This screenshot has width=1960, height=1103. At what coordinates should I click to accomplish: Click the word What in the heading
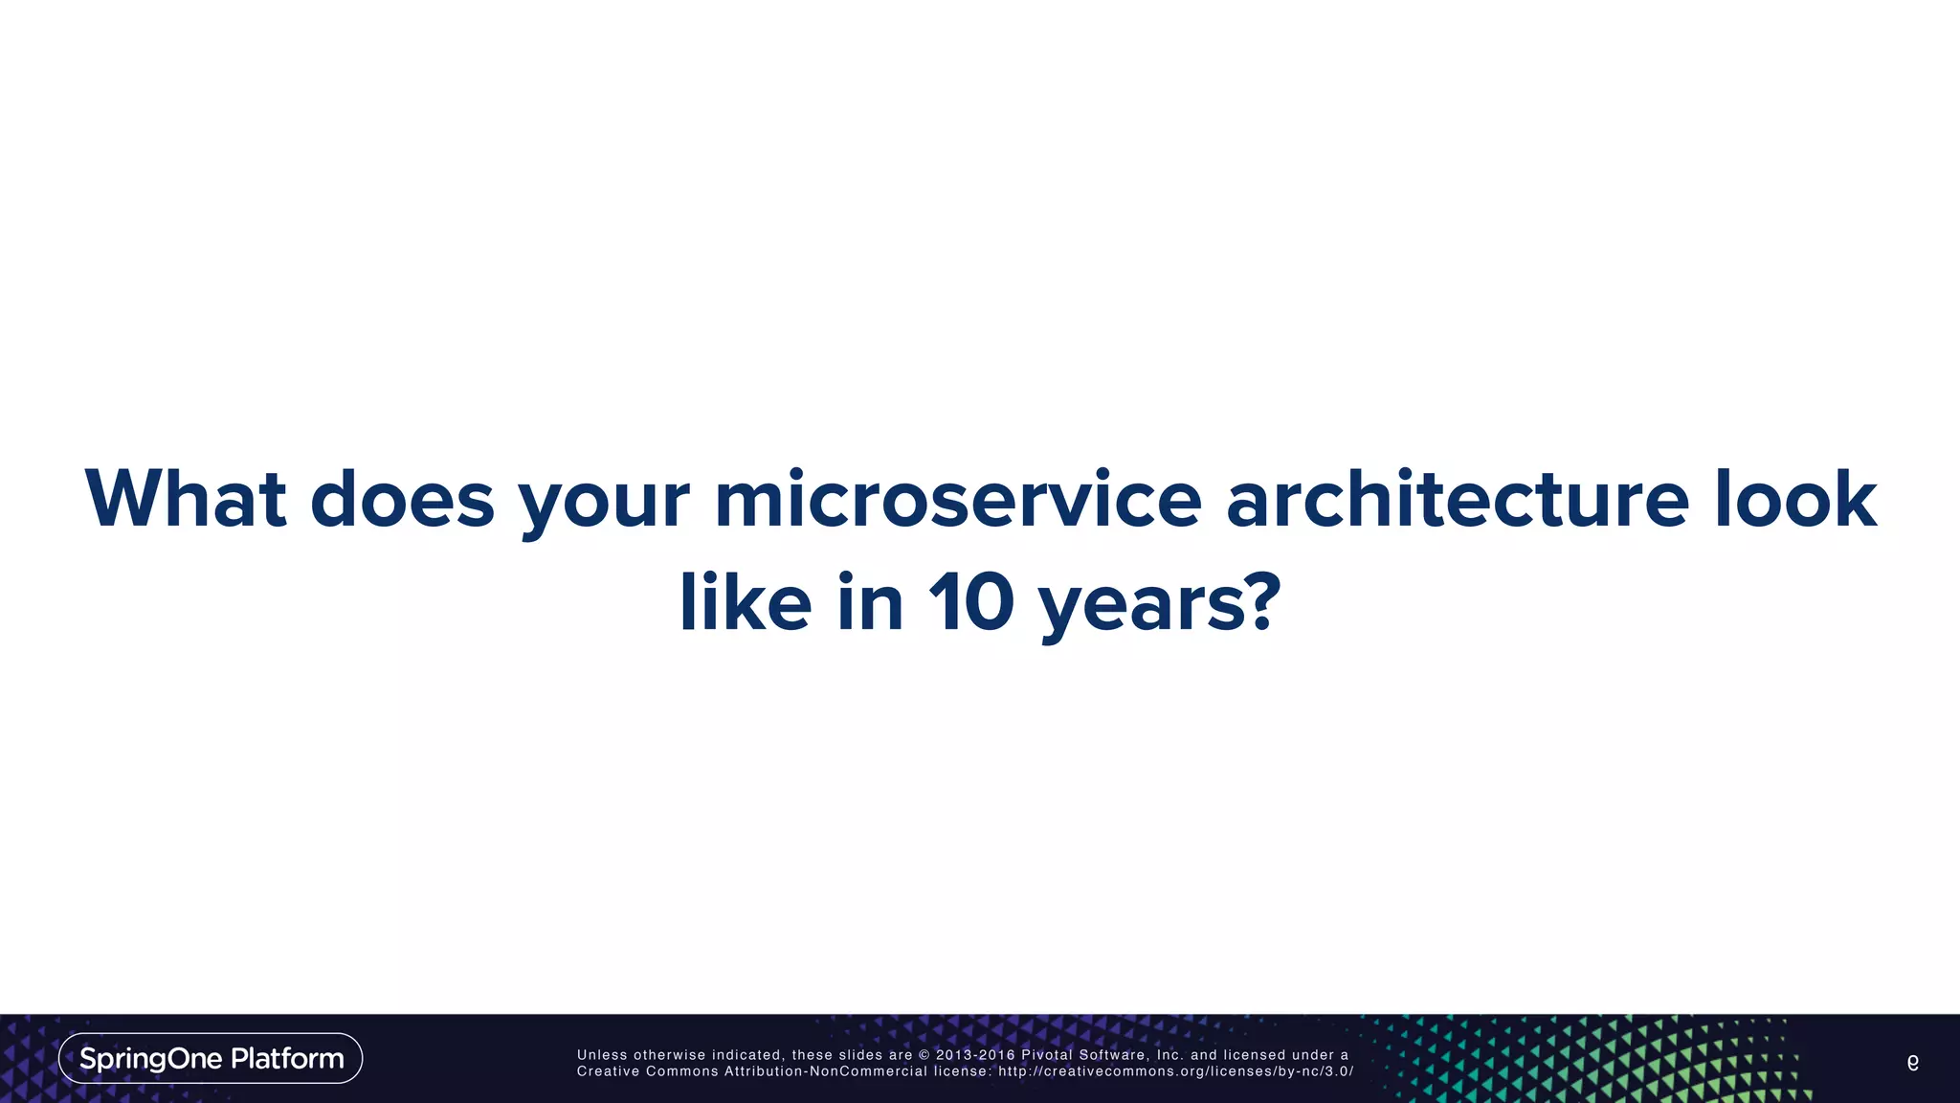tap(186, 499)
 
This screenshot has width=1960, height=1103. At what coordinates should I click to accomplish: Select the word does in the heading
tap(402, 499)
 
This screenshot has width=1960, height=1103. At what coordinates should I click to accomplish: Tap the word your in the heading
tap(604, 501)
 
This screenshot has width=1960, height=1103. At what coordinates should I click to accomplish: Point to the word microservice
tap(957, 499)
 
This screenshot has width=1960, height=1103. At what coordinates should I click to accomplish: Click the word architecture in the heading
tap(1457, 499)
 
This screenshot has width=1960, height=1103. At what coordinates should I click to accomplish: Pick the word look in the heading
tap(1795, 499)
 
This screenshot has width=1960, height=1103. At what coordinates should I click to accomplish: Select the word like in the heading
tap(746, 603)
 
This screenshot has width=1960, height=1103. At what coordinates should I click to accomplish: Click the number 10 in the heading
tap(970, 603)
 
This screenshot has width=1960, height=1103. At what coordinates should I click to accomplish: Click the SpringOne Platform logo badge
tap(211, 1058)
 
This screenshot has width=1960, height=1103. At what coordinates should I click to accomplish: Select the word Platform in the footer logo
tap(287, 1059)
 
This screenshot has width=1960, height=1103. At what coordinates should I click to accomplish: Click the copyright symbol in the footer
tap(924, 1055)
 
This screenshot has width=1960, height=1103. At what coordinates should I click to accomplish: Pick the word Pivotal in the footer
tap(1047, 1055)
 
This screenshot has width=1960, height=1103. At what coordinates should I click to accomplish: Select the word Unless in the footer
tap(601, 1055)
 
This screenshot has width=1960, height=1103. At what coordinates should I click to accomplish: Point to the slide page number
tap(1912, 1062)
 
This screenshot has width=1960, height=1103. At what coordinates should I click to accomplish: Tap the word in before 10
tap(870, 603)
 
